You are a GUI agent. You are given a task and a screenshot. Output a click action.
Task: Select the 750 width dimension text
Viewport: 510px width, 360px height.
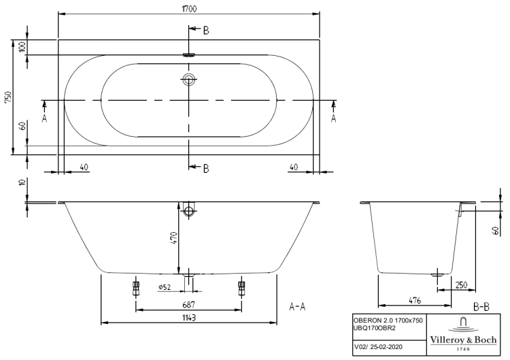[8, 97]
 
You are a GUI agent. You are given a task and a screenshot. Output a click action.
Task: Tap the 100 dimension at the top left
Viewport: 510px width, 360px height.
[22, 47]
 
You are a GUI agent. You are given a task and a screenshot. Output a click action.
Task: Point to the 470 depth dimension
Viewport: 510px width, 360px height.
[173, 238]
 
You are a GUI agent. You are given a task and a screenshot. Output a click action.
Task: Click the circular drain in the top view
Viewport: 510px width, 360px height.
[188, 80]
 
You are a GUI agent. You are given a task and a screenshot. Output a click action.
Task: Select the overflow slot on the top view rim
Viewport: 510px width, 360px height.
[188, 56]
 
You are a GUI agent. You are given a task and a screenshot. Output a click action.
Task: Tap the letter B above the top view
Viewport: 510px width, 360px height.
[206, 30]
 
